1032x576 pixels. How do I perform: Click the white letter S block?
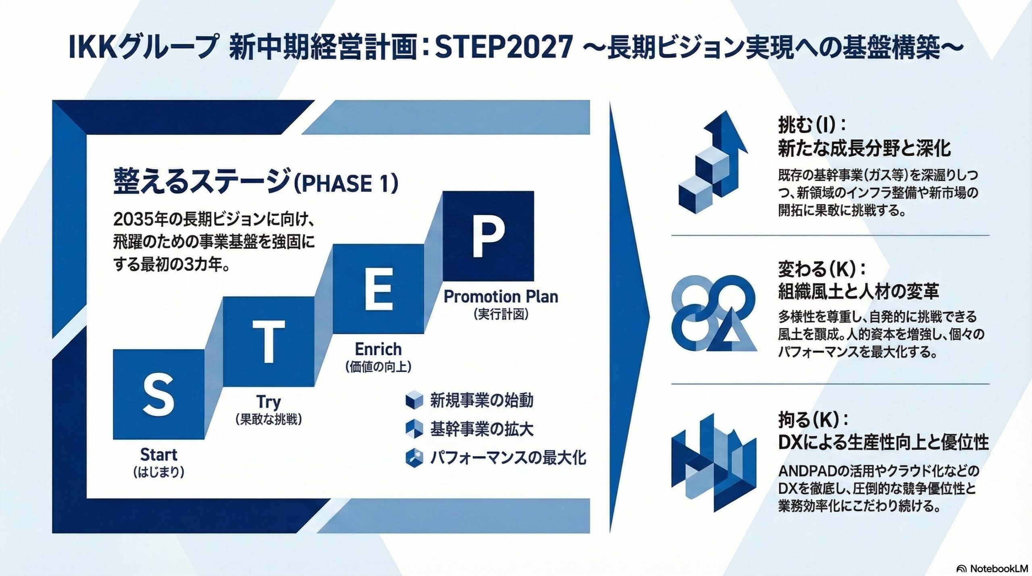[x=158, y=394]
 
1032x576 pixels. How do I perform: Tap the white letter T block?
[x=268, y=341]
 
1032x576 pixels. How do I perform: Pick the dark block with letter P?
[x=488, y=236]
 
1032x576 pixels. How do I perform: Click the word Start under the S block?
[x=159, y=455]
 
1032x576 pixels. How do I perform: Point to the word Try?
[x=268, y=402]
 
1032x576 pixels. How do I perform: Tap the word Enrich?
[x=378, y=349]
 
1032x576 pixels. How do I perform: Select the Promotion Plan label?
[x=501, y=297]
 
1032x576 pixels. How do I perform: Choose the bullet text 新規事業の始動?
[x=482, y=400]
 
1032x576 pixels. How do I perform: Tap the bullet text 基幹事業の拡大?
[x=482, y=429]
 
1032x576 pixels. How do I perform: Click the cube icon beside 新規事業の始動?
[x=414, y=400]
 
